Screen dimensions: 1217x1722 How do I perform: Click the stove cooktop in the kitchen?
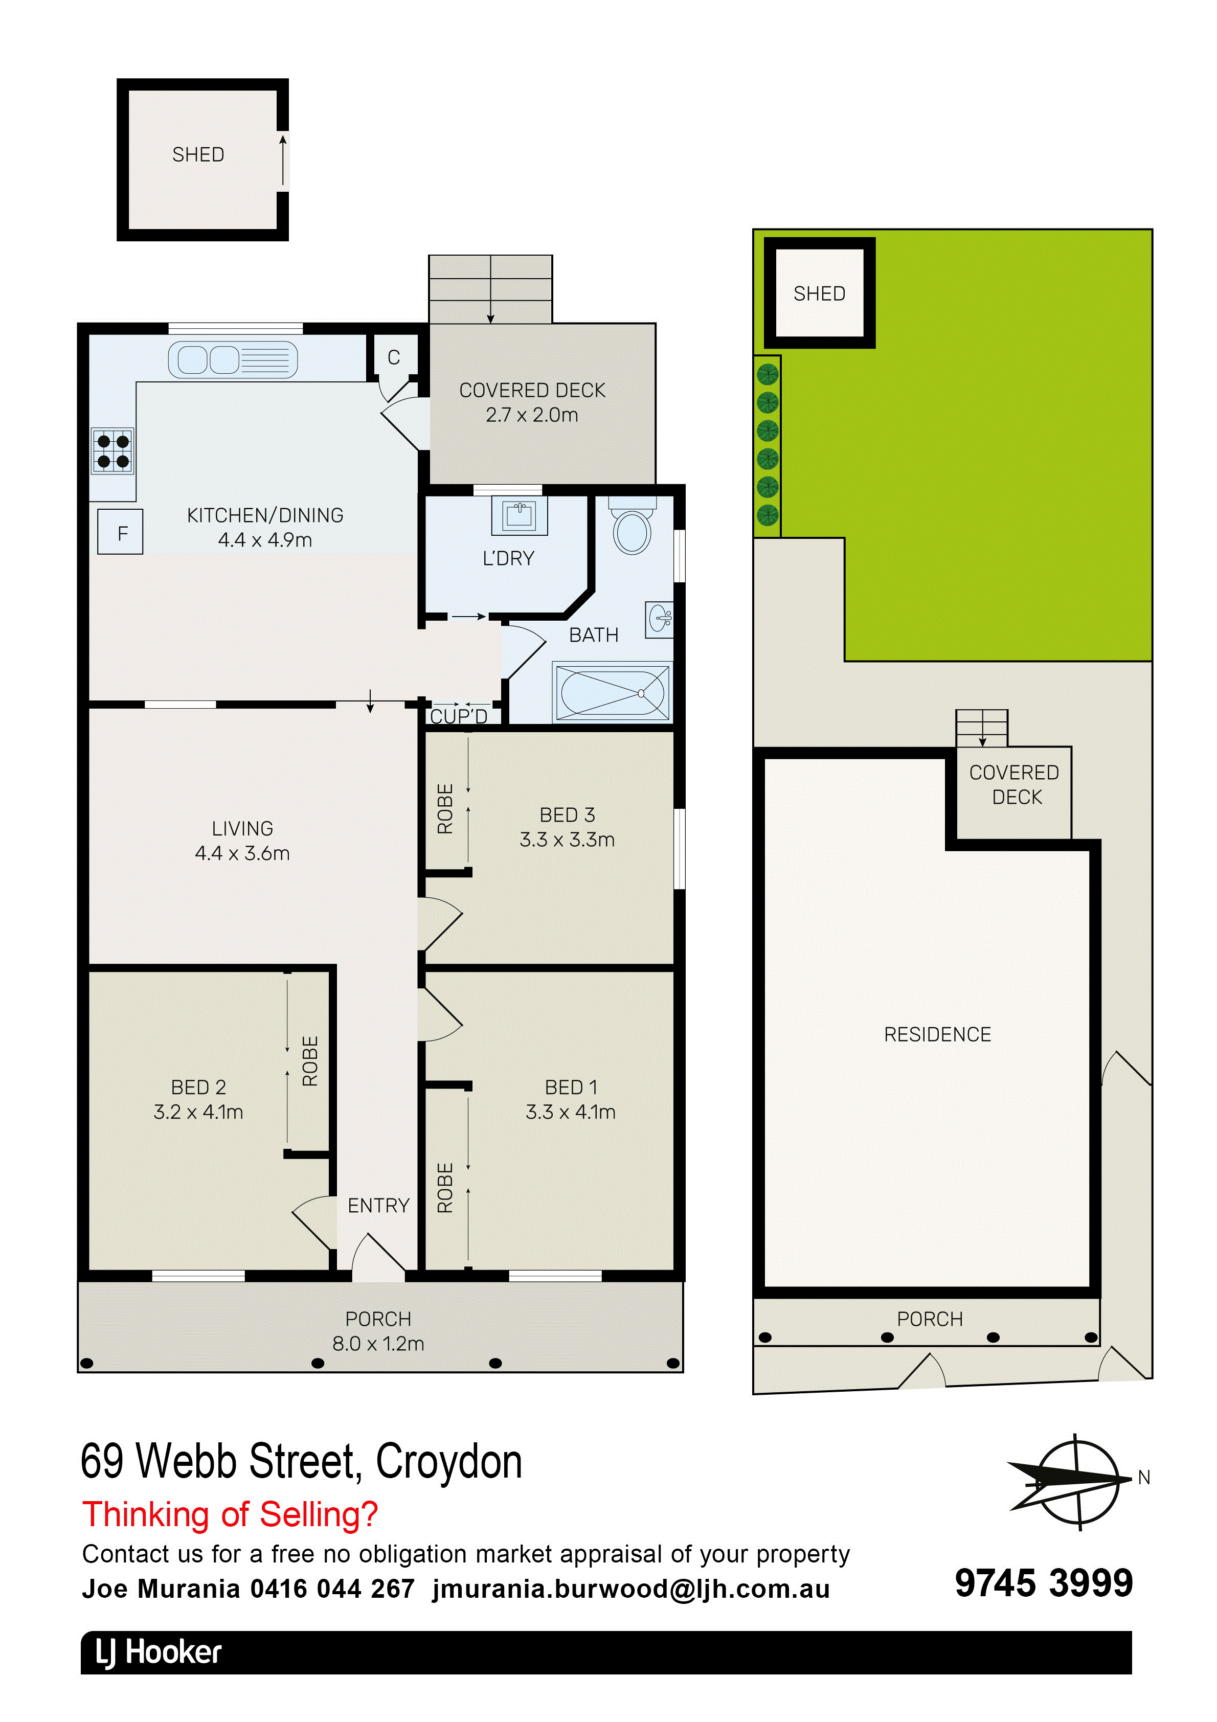tap(112, 451)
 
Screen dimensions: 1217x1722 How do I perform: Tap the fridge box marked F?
tap(120, 532)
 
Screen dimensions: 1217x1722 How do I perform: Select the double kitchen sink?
tap(233, 359)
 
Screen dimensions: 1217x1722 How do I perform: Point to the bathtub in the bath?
tap(612, 691)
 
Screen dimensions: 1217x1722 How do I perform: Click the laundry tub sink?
tap(519, 514)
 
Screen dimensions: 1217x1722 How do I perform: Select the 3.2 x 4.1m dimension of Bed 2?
tap(198, 1112)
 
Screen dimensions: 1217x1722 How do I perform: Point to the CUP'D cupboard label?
tap(459, 716)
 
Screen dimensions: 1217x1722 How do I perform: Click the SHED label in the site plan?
tap(819, 293)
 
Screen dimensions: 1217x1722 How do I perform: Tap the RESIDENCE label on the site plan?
tap(937, 1034)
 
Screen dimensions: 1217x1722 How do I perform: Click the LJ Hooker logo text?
tap(159, 1652)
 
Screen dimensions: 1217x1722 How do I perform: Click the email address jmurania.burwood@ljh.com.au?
tap(631, 1589)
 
